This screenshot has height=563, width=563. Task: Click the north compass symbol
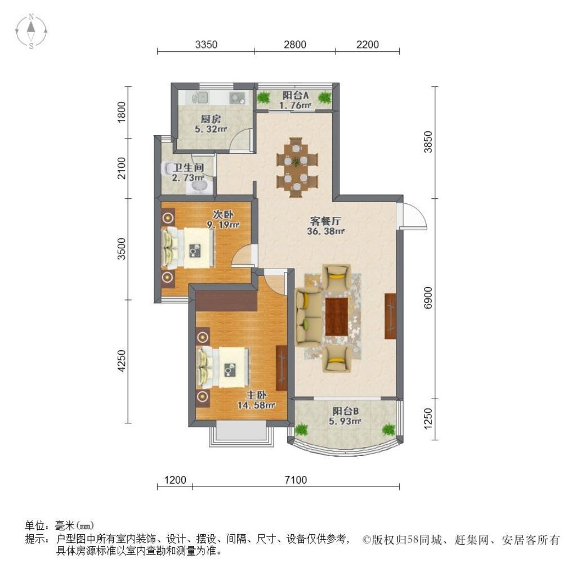click(x=32, y=31)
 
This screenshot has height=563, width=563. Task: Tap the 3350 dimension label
click(x=206, y=45)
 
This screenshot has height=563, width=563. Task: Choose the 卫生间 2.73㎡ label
click(x=187, y=172)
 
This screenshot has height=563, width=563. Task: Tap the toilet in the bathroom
click(x=169, y=169)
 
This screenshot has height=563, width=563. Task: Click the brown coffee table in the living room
click(x=337, y=315)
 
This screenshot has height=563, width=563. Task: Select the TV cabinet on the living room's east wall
click(x=390, y=316)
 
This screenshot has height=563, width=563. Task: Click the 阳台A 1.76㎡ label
click(x=296, y=100)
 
